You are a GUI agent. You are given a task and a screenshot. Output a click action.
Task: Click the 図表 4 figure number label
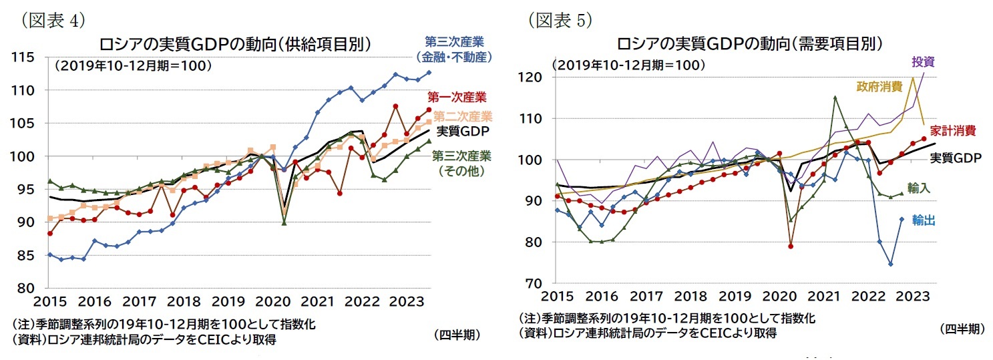click(x=53, y=20)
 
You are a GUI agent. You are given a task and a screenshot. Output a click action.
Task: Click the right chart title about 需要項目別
click(x=750, y=45)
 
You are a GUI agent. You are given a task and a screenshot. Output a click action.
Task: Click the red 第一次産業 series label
click(x=457, y=98)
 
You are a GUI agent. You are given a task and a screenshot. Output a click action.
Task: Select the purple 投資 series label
click(x=924, y=61)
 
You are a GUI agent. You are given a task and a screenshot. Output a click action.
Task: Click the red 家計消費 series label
click(x=955, y=130)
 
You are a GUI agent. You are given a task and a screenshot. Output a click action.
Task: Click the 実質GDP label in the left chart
click(x=461, y=130)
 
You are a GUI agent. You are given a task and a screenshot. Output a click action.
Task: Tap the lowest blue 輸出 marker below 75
click(x=891, y=264)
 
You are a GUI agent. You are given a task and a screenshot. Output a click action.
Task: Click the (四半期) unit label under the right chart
click(x=962, y=329)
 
